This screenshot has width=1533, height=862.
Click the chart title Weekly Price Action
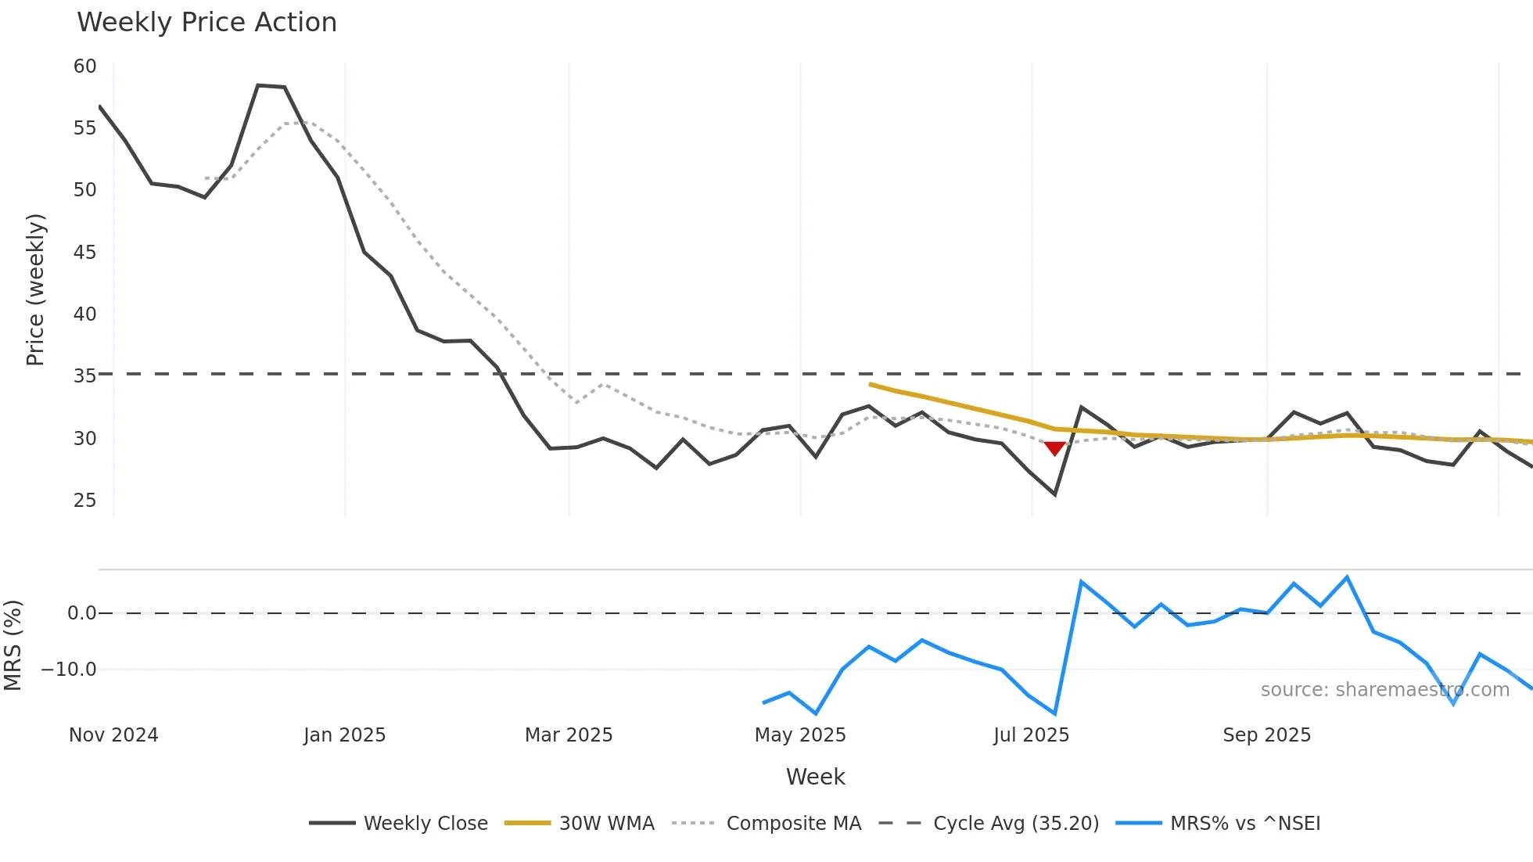[206, 23]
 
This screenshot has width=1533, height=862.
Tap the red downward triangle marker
[1054, 448]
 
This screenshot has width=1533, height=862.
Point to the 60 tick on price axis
[84, 66]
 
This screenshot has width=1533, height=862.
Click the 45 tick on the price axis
[84, 252]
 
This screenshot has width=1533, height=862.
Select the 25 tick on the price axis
[84, 500]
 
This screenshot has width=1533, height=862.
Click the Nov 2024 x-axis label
[113, 735]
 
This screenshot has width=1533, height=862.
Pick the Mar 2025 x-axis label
[569, 735]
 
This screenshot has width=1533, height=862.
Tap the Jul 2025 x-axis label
[1031, 735]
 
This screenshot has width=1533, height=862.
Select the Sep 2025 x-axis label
[1266, 735]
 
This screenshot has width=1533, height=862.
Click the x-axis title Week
[815, 777]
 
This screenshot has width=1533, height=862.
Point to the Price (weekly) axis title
[35, 289]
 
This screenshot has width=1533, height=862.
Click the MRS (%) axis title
[13, 645]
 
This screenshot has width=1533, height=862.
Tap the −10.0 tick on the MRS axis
[69, 670]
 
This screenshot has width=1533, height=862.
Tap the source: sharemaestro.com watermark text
[1384, 690]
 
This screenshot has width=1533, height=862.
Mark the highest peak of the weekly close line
[258, 85]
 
